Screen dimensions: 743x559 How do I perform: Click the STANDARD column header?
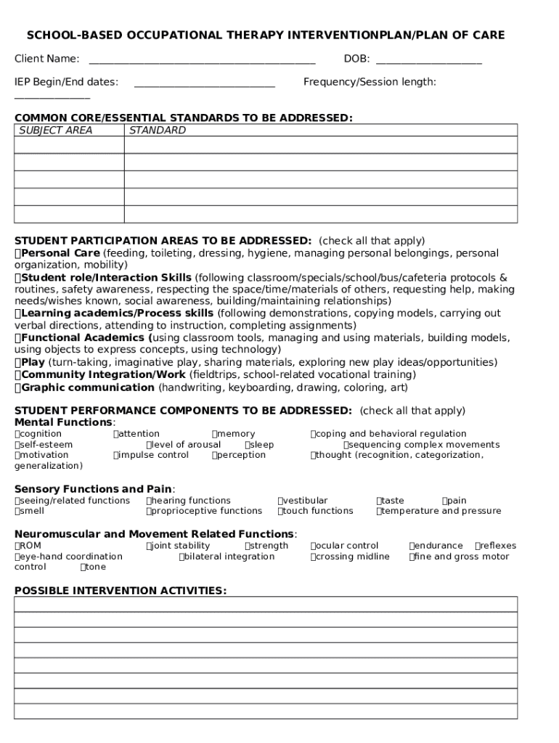[x=157, y=131]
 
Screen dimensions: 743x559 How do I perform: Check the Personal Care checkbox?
[x=18, y=253]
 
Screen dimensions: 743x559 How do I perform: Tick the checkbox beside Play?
[x=18, y=362]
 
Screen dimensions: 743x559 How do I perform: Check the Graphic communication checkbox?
[x=18, y=387]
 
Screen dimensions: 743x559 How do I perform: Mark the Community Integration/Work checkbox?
[x=18, y=374]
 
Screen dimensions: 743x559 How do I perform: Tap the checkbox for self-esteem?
[x=17, y=445]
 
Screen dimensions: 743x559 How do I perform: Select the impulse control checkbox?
[x=116, y=455]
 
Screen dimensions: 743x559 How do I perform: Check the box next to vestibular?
[x=280, y=501]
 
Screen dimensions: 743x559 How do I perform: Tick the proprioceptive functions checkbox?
[x=149, y=511]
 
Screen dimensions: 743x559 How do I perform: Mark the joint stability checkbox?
[x=149, y=546]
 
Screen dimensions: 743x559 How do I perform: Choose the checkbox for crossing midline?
[x=314, y=557]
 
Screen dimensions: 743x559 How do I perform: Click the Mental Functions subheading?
[x=64, y=422]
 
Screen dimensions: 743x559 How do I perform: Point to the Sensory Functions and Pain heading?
[x=94, y=488]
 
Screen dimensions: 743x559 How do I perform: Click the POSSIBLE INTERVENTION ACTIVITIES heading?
[x=120, y=591]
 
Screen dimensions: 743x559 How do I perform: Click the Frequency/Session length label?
[x=370, y=82]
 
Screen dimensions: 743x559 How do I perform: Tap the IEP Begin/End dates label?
[x=66, y=82]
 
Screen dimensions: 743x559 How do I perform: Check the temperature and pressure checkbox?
[x=379, y=511]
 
